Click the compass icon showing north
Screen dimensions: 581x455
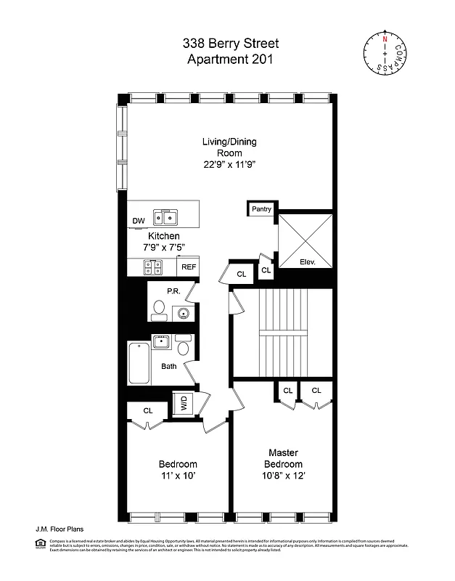(x=385, y=52)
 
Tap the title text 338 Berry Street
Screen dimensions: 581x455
(x=230, y=44)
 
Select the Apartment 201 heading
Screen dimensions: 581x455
(x=230, y=60)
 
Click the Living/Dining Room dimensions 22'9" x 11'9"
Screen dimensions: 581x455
(x=229, y=165)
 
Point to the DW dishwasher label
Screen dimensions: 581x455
(x=138, y=221)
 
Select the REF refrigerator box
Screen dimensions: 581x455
(x=189, y=267)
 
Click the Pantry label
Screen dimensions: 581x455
(x=261, y=209)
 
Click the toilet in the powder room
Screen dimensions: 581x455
(x=157, y=312)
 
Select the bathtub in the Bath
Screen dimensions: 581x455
(x=138, y=364)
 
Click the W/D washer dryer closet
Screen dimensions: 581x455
(x=180, y=405)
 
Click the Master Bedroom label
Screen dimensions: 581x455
(x=283, y=458)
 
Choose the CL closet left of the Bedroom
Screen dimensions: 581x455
(x=148, y=411)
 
